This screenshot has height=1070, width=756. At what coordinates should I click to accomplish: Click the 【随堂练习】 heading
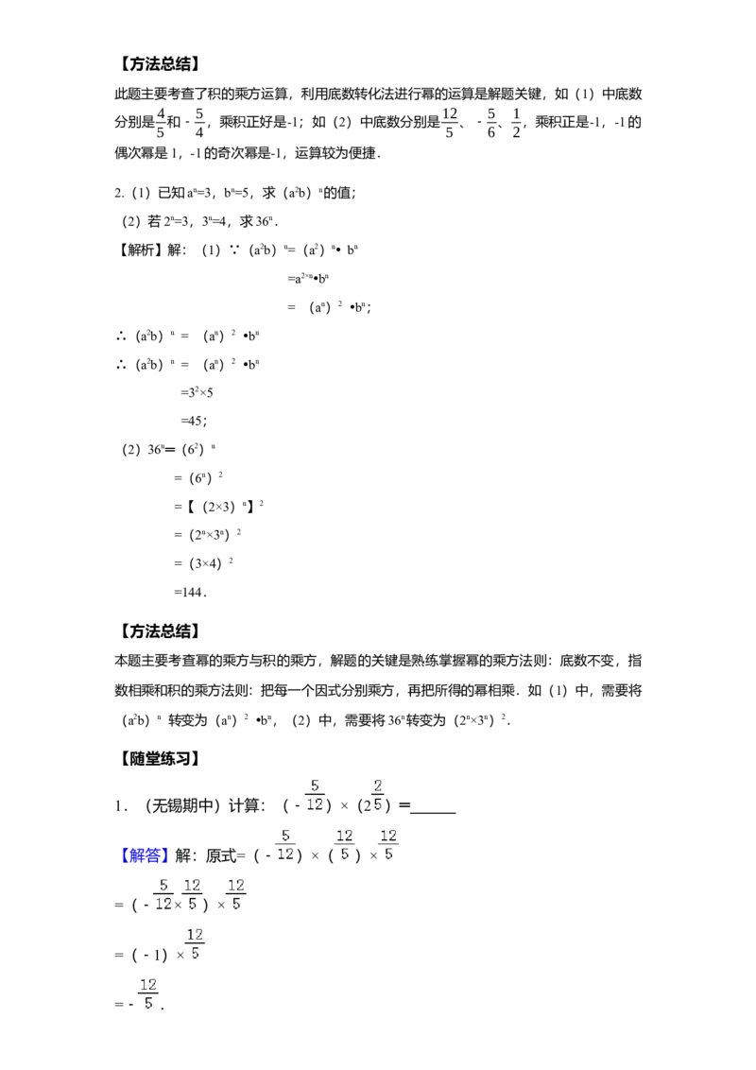coord(159,759)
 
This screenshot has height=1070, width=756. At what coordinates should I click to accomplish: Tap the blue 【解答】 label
coord(143,855)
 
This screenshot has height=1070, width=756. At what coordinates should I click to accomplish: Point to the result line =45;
coord(194,421)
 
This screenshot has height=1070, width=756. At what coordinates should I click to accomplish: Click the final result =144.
coord(190,593)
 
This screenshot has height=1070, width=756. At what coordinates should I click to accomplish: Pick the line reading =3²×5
coord(198,392)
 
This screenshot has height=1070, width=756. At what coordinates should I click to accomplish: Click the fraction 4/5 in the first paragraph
coord(161,122)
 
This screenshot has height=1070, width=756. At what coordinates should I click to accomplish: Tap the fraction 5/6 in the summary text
coord(491,123)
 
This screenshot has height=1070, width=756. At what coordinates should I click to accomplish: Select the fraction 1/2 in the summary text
coord(517,123)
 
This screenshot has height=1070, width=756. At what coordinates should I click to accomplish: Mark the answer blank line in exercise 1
coord(433,813)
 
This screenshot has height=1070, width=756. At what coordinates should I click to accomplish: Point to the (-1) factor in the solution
coord(150,955)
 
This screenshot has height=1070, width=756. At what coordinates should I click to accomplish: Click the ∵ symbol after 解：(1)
coord(234,250)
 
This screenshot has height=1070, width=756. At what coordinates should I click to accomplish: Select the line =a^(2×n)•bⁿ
coord(308,279)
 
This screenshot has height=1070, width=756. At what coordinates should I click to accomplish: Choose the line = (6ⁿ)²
coord(198,477)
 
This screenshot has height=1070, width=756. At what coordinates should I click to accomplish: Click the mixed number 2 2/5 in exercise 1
coord(373,797)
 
